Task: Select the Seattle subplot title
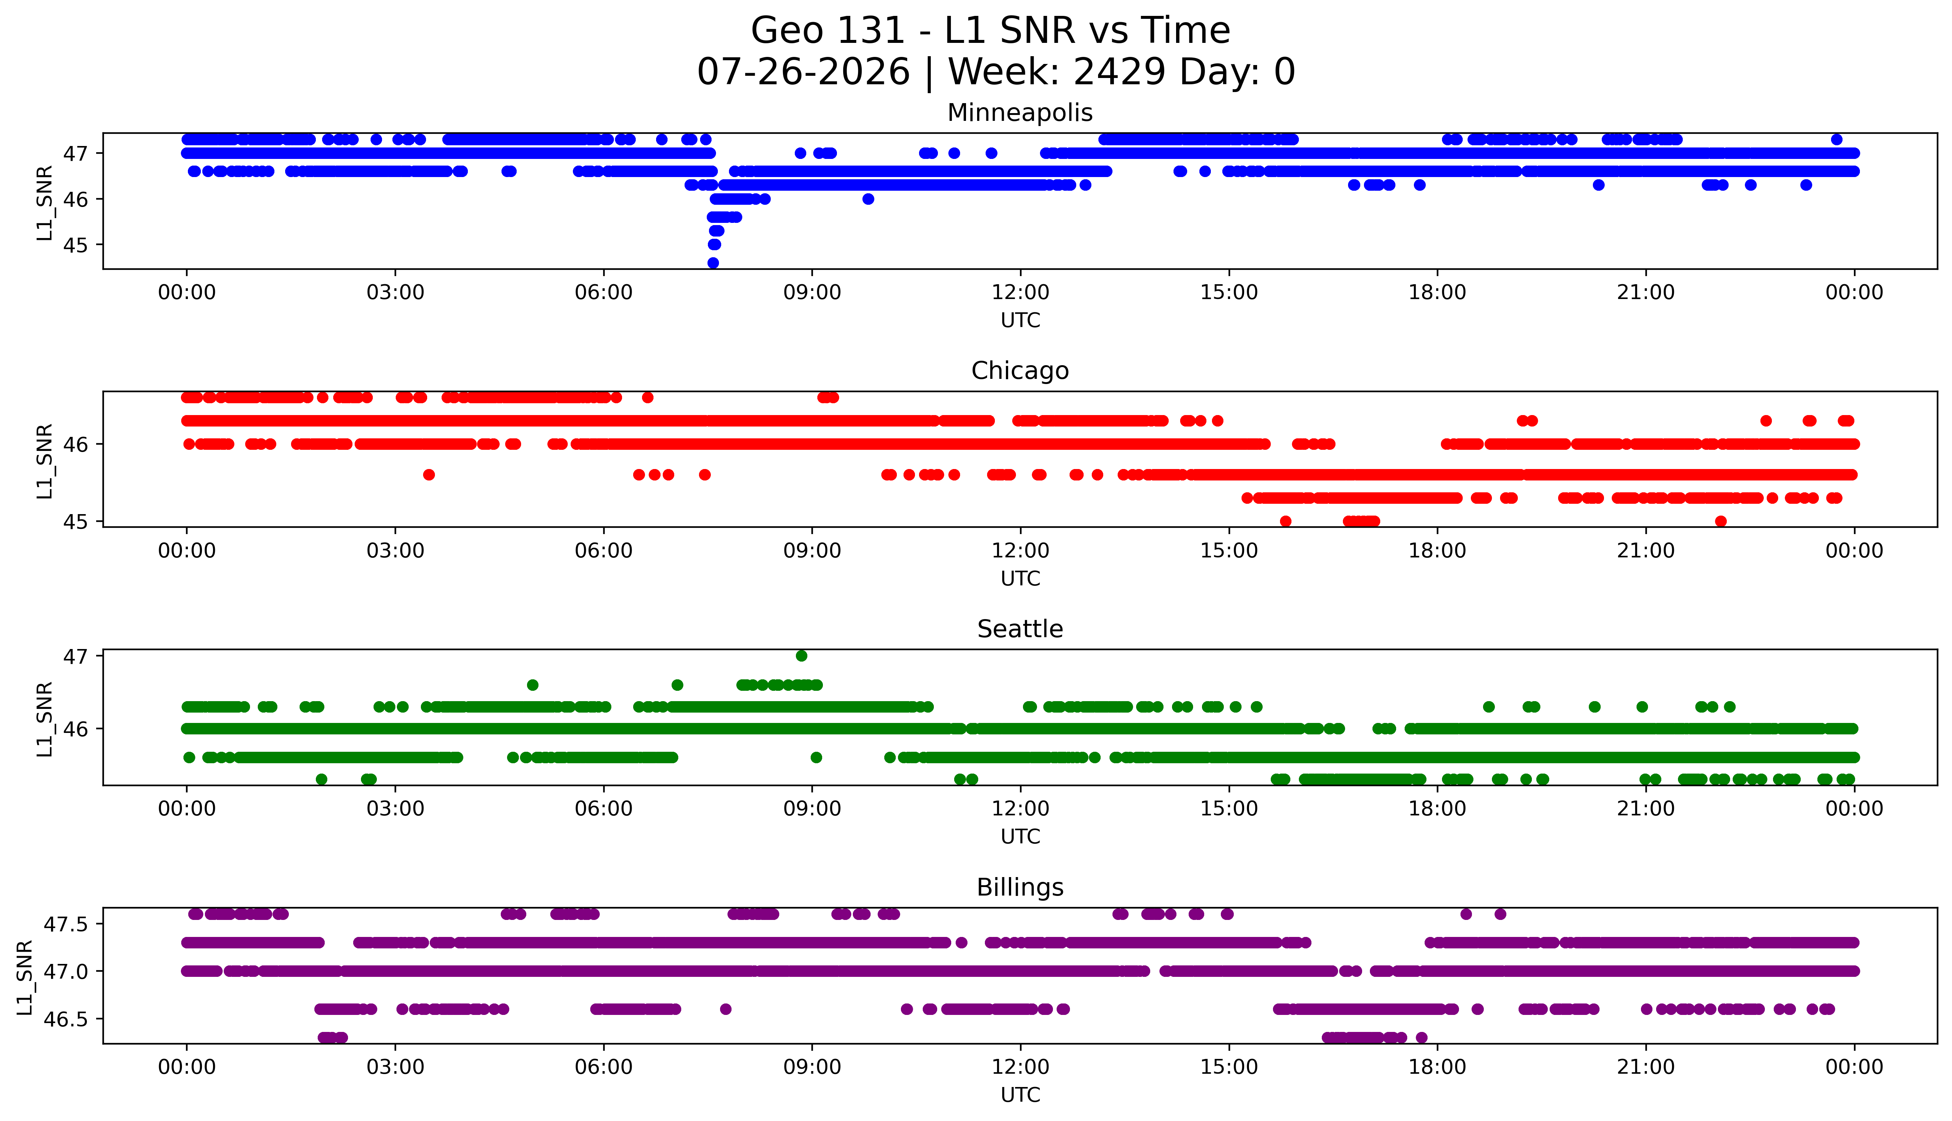coord(1020,629)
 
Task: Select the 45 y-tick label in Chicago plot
coord(75,521)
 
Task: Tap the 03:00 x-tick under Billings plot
coord(395,1067)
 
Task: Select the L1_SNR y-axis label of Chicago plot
coord(45,461)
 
